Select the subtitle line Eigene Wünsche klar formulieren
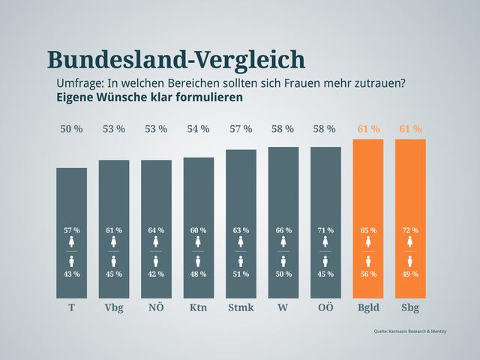(x=149, y=97)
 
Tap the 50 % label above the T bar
(x=71, y=129)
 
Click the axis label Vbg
(x=114, y=308)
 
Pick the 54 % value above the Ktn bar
(x=198, y=129)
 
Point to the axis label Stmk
(x=241, y=308)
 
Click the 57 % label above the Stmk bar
(x=241, y=129)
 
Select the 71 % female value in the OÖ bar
(x=325, y=230)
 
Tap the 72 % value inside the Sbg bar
(x=410, y=230)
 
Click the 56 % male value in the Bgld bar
(x=368, y=274)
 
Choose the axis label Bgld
(x=368, y=308)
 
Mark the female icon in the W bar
(x=283, y=242)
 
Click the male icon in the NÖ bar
(x=156, y=261)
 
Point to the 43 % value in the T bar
(x=71, y=274)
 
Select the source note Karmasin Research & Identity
(x=409, y=331)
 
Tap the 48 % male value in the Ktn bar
(x=198, y=274)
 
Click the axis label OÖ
(x=325, y=308)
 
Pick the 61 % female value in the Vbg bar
(x=114, y=230)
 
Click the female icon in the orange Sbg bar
(x=410, y=242)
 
